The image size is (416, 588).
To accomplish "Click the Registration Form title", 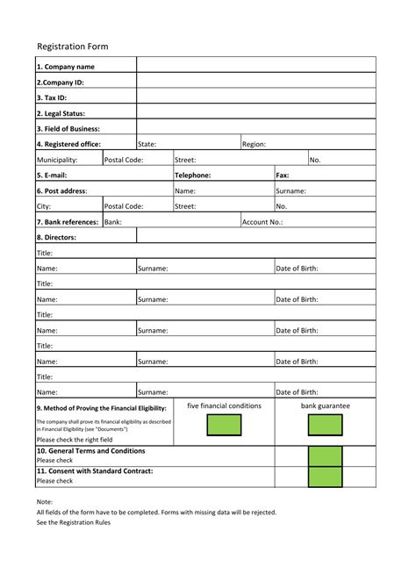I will tap(73, 46).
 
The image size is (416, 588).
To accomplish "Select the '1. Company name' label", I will tap(67, 66).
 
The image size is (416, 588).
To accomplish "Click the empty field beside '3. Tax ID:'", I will tap(255, 97).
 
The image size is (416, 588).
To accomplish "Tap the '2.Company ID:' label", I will tap(61, 82).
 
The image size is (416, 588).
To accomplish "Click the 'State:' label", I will tap(147, 144).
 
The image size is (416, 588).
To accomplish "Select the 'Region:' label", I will tap(254, 144).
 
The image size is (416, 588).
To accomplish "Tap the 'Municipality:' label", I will tap(57, 160).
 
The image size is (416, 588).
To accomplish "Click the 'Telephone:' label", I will tap(192, 176).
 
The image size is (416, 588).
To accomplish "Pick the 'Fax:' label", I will tap(283, 176).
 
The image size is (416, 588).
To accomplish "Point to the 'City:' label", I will tap(44, 206).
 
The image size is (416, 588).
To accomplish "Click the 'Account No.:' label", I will tap(262, 222).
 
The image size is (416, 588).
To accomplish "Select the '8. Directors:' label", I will tap(57, 237).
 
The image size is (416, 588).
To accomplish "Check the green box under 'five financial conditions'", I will tap(224, 425).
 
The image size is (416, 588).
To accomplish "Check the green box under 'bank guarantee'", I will tap(325, 425).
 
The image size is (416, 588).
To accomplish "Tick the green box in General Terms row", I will tap(325, 455).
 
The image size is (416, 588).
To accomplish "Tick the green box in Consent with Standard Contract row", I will tap(325, 477).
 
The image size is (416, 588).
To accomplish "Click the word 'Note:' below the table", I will tap(45, 501).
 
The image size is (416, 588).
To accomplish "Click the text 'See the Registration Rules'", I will tap(74, 522).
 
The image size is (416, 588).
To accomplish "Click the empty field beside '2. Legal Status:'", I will tap(255, 113).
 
